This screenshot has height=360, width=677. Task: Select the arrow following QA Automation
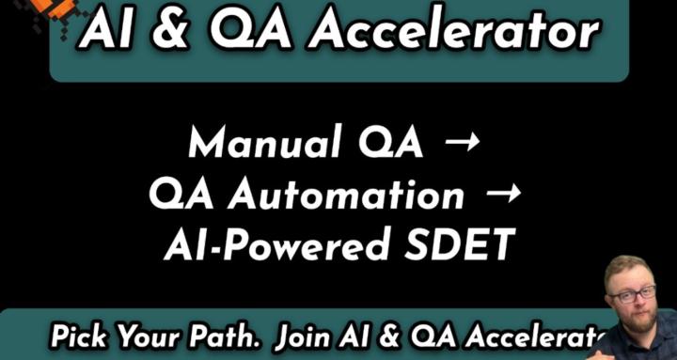[502, 194]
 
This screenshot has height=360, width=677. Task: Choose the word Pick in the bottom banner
[79, 337]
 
